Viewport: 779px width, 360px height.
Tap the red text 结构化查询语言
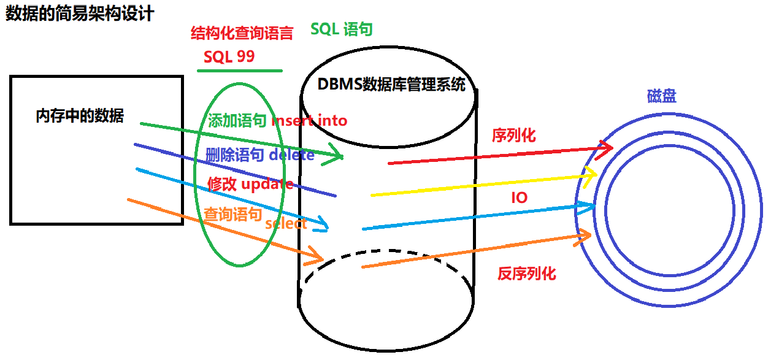[x=242, y=33]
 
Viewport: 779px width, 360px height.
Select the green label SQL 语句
[x=342, y=29]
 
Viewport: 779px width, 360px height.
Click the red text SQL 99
[x=229, y=57]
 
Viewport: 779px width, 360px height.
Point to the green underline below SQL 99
[x=240, y=71]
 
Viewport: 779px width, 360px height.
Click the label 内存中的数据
[x=80, y=116]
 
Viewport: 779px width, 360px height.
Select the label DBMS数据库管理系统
[x=391, y=85]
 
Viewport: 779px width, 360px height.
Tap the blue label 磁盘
[x=662, y=96]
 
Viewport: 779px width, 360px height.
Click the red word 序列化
[x=513, y=136]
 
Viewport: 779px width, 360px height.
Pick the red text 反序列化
[x=526, y=274]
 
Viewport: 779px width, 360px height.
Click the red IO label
[x=519, y=197]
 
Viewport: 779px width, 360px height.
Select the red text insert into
[x=309, y=121]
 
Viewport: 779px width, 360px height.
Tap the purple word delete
[x=291, y=155]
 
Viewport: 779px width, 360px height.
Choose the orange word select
[x=286, y=224]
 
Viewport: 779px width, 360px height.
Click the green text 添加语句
[x=237, y=121]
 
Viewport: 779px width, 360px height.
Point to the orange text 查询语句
[x=233, y=214]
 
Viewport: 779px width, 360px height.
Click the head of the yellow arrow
[x=593, y=175]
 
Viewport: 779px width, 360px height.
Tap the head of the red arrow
[x=607, y=147]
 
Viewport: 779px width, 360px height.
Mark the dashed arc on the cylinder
[x=386, y=253]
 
